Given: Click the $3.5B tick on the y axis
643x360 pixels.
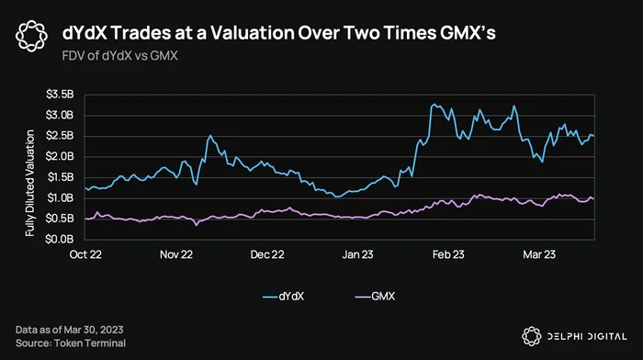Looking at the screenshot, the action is (x=60, y=95).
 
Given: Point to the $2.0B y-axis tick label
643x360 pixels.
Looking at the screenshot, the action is (x=60, y=157).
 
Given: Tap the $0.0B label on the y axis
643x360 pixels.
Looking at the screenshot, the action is (x=60, y=239).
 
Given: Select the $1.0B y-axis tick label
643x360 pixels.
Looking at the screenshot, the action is (x=60, y=198).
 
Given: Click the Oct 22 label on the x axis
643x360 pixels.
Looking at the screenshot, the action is (x=85, y=254).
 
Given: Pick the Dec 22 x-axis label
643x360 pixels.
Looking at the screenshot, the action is (x=267, y=254).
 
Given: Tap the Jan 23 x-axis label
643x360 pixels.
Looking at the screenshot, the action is (x=357, y=254).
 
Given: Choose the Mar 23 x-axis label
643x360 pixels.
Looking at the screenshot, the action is (x=539, y=254).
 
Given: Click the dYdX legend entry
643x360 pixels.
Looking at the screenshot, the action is (x=283, y=297).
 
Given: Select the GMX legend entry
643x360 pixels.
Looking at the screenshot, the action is (x=375, y=297).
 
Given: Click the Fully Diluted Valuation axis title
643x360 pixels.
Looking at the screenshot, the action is (x=30, y=183).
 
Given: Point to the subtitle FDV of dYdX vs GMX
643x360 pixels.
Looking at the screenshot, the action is (x=119, y=56).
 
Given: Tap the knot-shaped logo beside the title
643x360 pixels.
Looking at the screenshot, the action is (x=31, y=36).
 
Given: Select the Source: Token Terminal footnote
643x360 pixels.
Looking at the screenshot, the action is (x=71, y=343).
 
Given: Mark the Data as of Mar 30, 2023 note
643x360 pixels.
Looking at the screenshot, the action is (x=69, y=330).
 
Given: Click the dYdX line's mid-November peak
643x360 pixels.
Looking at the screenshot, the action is (x=210, y=135).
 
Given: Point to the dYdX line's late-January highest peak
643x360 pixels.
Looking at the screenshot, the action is (x=434, y=104).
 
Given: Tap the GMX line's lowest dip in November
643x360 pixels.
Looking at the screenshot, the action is (x=197, y=225).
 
